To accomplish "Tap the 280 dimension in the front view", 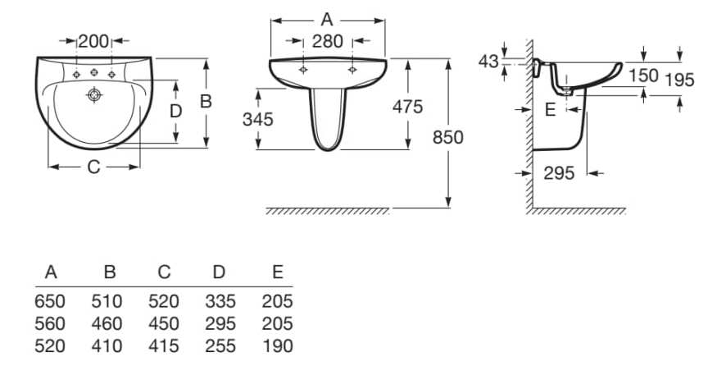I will pyautogui.click(x=328, y=41).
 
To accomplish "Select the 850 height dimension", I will pyautogui.click(x=448, y=137).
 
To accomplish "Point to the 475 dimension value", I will pyautogui.click(x=407, y=106).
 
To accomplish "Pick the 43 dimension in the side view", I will pyautogui.click(x=488, y=62).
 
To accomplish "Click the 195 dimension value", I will pyautogui.click(x=679, y=80).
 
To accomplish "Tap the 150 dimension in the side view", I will pyautogui.click(x=644, y=76).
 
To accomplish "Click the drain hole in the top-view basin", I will pyautogui.click(x=95, y=96).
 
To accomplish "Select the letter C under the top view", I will pyautogui.click(x=93, y=167).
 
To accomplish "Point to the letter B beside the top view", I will pyautogui.click(x=206, y=101).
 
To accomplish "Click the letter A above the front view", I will pyautogui.click(x=328, y=18).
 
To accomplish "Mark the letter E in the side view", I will pyautogui.click(x=550, y=109).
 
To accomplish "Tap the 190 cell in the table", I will pyautogui.click(x=277, y=346).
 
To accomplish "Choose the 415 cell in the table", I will pyautogui.click(x=164, y=346).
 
